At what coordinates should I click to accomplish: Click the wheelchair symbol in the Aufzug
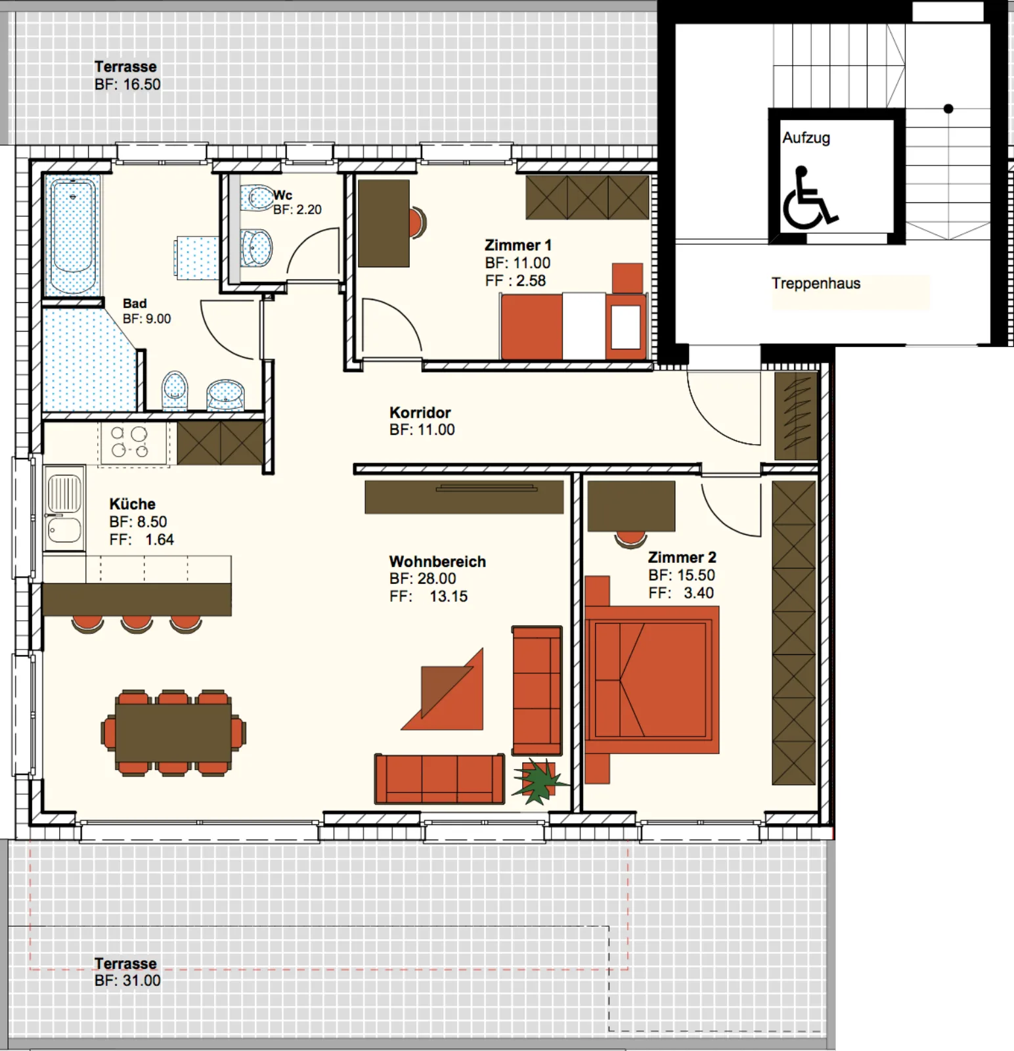click(x=810, y=198)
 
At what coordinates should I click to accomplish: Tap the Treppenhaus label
click(x=816, y=283)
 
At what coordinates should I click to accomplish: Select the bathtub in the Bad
click(x=72, y=235)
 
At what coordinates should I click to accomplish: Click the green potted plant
click(x=539, y=780)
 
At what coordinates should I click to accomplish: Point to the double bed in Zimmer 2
click(x=651, y=679)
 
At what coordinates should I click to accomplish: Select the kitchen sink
click(x=64, y=508)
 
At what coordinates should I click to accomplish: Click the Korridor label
click(x=420, y=413)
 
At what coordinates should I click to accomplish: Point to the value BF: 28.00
click(x=422, y=579)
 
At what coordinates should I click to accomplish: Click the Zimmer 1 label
click(x=518, y=245)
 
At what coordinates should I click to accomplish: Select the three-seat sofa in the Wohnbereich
click(x=439, y=779)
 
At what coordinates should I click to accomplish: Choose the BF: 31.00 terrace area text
click(x=127, y=981)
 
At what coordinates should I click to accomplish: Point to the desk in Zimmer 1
click(x=384, y=223)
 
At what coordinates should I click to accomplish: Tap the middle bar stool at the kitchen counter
click(x=137, y=624)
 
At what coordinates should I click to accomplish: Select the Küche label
click(x=132, y=504)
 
